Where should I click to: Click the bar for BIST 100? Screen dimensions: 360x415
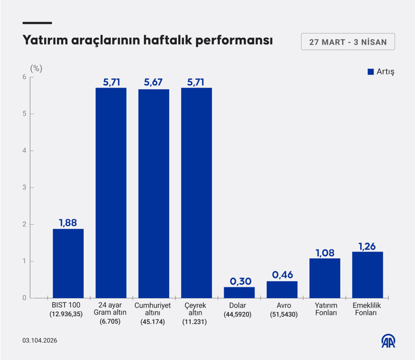coord(68,263)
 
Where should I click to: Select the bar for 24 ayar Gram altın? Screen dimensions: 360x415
coord(111,193)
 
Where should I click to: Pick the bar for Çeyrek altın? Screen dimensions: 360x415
coord(196,193)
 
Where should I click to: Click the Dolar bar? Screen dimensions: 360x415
coord(239,293)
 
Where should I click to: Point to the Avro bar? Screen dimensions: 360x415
coord(282,290)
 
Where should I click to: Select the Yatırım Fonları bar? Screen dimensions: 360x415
coord(324,278)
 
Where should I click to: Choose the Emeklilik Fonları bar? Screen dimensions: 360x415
coord(367,275)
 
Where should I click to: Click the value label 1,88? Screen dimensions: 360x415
coord(68,222)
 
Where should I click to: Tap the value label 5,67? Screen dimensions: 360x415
coord(154,83)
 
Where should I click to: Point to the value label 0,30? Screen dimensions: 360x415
coord(239,281)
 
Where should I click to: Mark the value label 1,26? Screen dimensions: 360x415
coord(367,246)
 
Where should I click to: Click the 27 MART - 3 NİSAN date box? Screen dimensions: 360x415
coord(348,42)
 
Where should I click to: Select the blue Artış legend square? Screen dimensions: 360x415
coord(370,72)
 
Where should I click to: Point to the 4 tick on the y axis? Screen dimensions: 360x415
coord(24,151)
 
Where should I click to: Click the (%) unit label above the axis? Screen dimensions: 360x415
coord(36,68)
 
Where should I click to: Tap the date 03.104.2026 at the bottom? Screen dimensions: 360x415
coord(39,341)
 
